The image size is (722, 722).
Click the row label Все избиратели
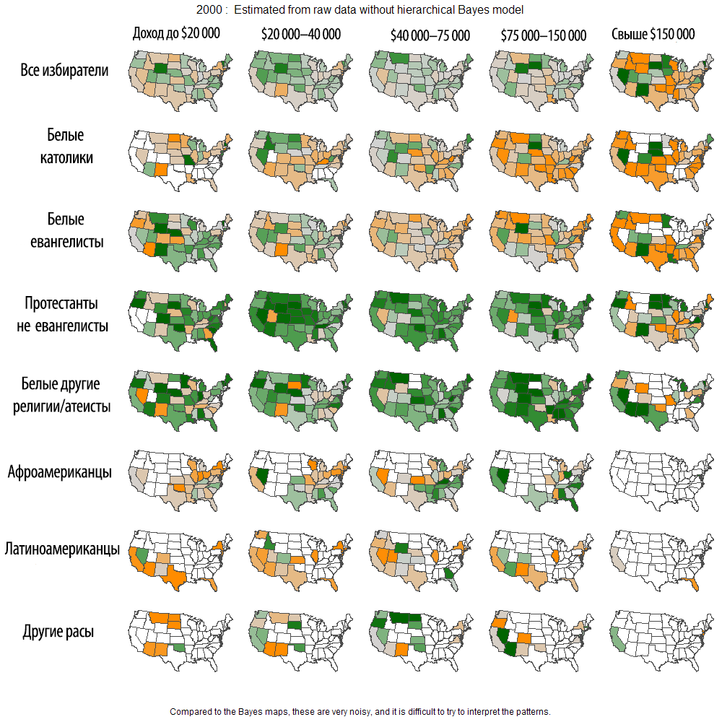(65, 71)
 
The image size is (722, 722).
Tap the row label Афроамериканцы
(60, 473)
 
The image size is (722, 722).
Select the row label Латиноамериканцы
(62, 549)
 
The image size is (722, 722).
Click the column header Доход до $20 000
(176, 33)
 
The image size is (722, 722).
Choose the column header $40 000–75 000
(430, 35)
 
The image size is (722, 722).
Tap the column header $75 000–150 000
(543, 35)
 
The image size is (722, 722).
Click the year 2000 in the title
(207, 10)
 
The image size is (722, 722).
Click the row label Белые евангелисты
(66, 230)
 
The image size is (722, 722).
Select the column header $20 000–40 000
(300, 35)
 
